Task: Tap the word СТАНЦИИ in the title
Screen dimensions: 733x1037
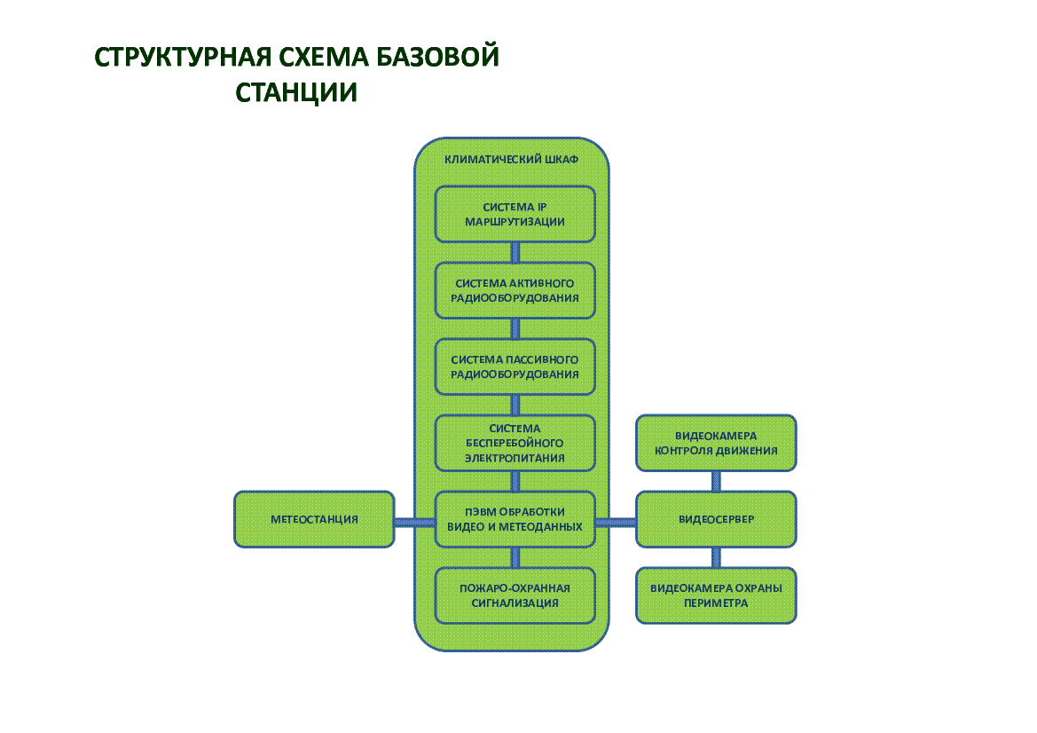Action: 296,92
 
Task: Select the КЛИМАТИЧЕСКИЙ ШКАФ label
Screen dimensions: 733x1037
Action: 511,161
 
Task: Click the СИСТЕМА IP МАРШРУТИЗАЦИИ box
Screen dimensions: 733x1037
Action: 515,214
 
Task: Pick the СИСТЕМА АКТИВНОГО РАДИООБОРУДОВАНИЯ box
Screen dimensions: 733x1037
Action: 515,290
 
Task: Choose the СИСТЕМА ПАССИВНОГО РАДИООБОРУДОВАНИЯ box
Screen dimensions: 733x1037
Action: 515,366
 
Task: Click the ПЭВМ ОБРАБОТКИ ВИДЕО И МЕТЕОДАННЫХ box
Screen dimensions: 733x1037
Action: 515,519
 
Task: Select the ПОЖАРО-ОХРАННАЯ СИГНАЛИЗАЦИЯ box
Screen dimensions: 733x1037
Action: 515,595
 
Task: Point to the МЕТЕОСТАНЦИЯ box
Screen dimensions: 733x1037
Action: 314,519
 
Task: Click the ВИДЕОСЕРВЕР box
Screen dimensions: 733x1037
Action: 716,519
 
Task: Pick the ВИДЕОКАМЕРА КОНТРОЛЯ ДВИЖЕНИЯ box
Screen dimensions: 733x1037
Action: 716,443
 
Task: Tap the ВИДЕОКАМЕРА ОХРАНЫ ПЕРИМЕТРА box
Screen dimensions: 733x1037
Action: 716,595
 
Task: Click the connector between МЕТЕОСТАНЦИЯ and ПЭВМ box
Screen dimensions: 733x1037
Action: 414,522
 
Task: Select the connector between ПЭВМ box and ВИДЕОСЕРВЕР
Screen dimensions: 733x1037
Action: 616,522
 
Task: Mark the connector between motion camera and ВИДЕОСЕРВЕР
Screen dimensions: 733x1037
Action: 716,481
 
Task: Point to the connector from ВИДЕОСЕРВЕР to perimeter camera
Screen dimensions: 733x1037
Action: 716,557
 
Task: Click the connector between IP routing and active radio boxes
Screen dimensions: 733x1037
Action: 515,252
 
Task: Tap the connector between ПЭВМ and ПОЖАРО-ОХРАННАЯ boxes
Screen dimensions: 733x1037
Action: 515,557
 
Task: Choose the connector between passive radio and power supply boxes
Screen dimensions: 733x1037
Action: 515,405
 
